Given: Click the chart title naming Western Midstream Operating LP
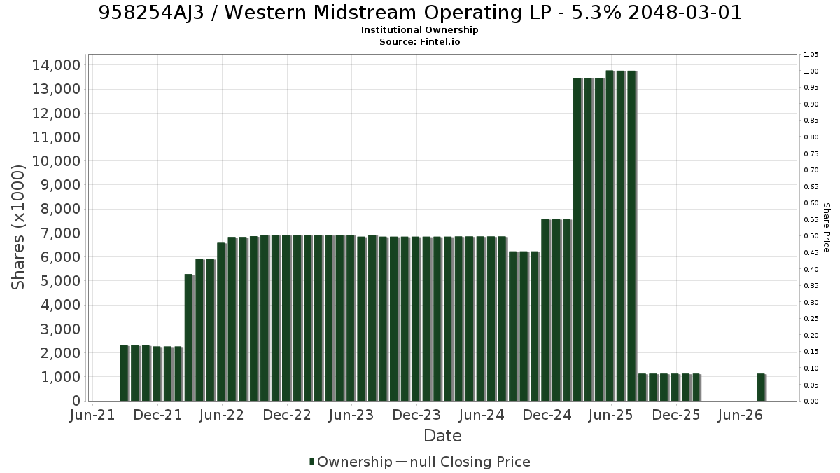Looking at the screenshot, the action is [x=420, y=13].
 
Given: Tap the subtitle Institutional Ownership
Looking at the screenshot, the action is [x=419, y=30].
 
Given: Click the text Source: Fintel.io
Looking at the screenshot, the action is [x=419, y=41].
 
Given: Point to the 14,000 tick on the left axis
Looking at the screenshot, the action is [x=56, y=65].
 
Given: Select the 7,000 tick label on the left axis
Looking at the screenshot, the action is [x=60, y=233].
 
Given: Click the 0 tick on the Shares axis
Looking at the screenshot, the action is [x=76, y=401].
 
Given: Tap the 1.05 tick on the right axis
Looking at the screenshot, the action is [x=811, y=55].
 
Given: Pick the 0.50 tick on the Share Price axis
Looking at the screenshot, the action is [x=811, y=236].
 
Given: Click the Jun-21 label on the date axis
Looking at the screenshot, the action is [x=92, y=415].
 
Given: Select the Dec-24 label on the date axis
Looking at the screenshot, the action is [x=547, y=415].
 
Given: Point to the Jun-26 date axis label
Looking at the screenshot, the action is [x=741, y=415].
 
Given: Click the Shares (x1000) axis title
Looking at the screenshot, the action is [x=18, y=227].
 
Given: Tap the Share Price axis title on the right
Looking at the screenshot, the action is [x=827, y=228].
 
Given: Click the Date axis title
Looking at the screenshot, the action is [x=442, y=436].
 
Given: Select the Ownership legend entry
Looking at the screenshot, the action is [x=351, y=462].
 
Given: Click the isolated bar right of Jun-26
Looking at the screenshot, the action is [x=761, y=388].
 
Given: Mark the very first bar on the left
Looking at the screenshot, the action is [x=125, y=373].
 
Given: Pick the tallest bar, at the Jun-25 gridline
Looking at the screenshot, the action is [x=610, y=235].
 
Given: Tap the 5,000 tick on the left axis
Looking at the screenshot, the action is [x=60, y=281].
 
